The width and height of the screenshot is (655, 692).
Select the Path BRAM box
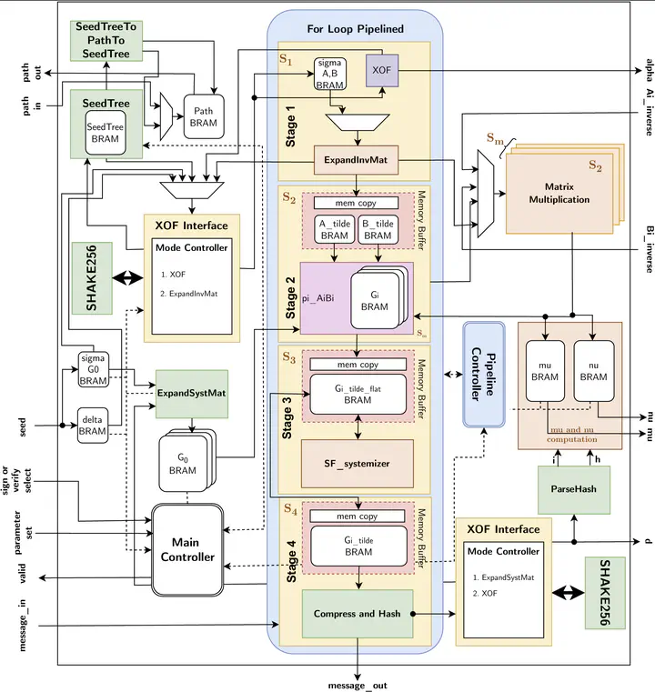204,116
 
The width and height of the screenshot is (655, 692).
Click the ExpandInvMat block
356,160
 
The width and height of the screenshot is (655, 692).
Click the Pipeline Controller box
483,374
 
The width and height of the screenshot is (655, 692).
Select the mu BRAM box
544,370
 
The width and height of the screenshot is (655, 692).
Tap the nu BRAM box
592,370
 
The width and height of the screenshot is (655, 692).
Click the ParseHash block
573,488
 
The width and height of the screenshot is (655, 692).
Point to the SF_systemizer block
358,463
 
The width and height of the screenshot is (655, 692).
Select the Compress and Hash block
357,614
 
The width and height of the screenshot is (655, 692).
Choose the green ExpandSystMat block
191,392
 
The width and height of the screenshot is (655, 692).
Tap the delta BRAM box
93,425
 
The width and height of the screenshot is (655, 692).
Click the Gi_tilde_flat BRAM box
358,395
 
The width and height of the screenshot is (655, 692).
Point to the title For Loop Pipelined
355,29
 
